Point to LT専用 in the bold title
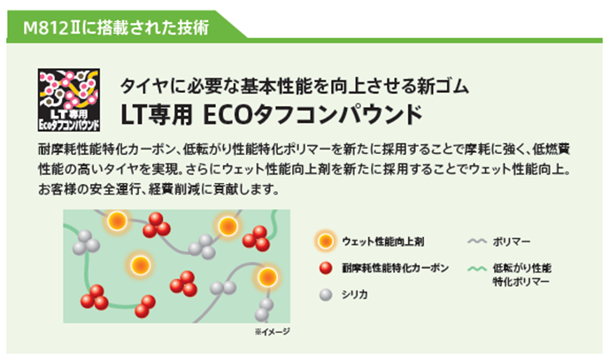coord(156,116)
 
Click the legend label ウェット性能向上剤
coord(385,240)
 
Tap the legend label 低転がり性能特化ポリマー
coord(521,273)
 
